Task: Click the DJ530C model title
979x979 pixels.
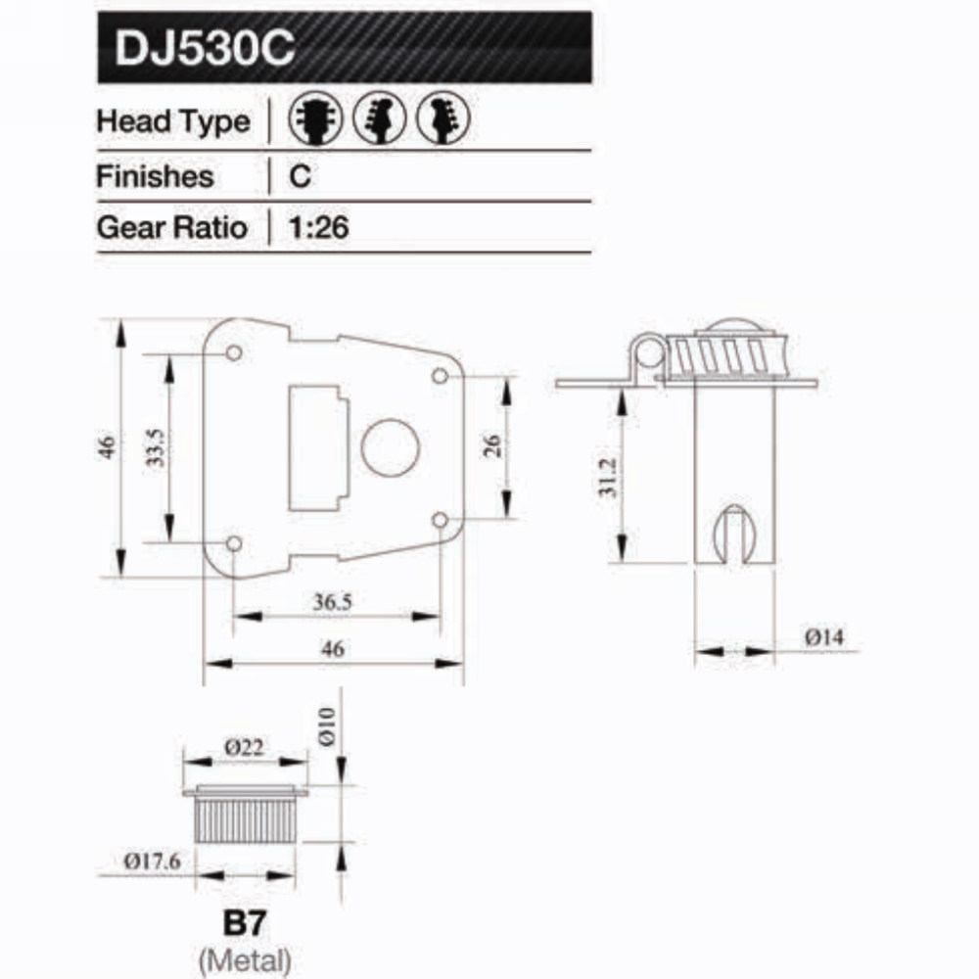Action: click(x=205, y=49)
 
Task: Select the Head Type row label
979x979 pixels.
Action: click(x=172, y=122)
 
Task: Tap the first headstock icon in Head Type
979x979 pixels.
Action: click(x=313, y=121)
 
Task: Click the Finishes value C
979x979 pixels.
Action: click(x=301, y=176)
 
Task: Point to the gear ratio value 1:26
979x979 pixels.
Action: click(x=320, y=228)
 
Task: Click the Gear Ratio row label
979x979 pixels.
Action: click(x=172, y=228)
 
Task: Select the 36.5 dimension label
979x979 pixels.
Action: click(x=333, y=602)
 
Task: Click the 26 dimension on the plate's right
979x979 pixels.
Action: click(x=493, y=446)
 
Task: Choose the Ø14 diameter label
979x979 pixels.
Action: click(x=824, y=636)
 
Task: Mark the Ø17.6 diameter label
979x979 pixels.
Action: click(x=153, y=862)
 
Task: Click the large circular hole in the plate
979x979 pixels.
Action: click(x=390, y=447)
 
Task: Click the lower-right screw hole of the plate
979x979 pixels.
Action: click(x=440, y=519)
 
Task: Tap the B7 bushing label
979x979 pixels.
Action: click(x=245, y=922)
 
